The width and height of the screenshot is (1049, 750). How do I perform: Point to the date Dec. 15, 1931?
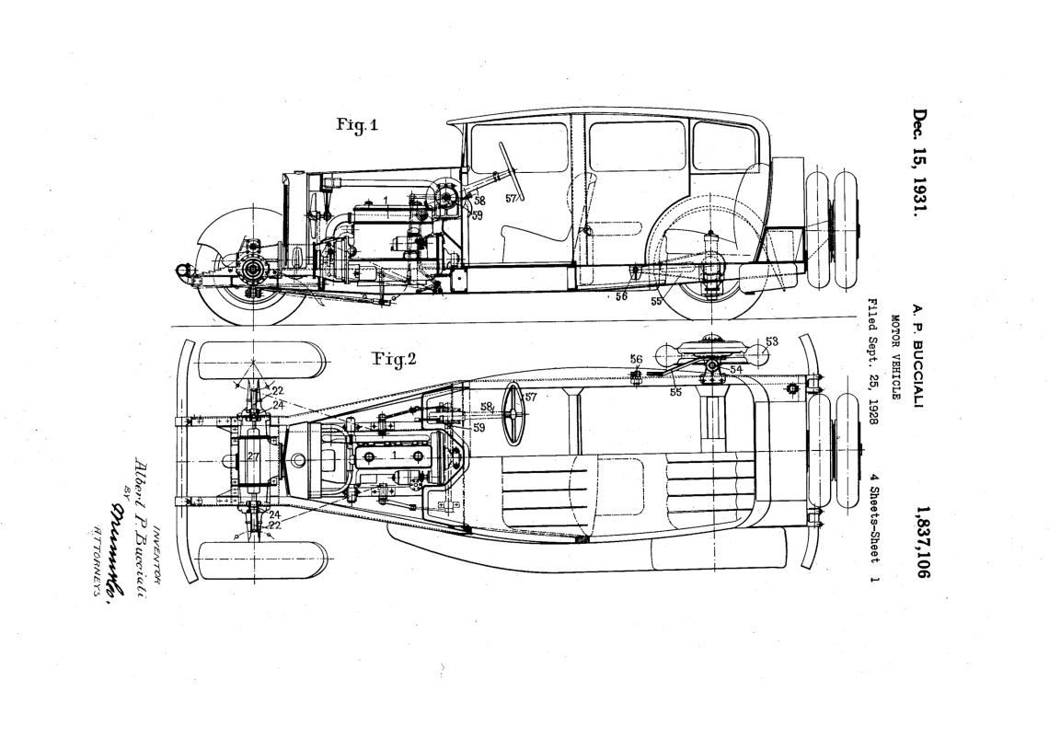(920, 164)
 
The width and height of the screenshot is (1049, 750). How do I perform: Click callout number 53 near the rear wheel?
(771, 342)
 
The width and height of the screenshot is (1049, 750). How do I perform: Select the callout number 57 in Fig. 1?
(511, 199)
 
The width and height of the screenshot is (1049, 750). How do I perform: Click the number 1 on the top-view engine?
(394, 455)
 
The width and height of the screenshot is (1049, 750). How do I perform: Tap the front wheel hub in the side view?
(250, 271)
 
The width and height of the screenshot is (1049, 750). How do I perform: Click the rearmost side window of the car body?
(723, 146)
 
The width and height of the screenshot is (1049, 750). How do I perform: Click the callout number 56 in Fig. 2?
(635, 359)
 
